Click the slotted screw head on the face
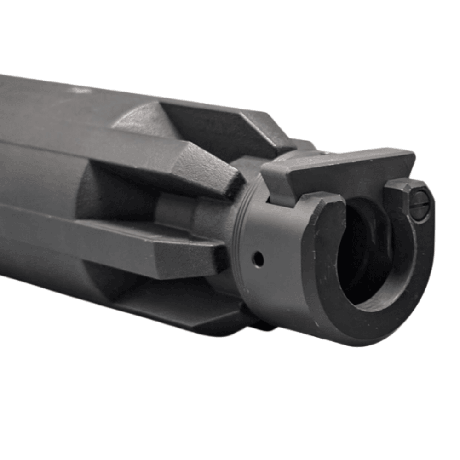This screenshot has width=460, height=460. (420, 201)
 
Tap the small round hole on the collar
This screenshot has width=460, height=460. (259, 259)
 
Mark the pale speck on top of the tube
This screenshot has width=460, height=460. (74, 92)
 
